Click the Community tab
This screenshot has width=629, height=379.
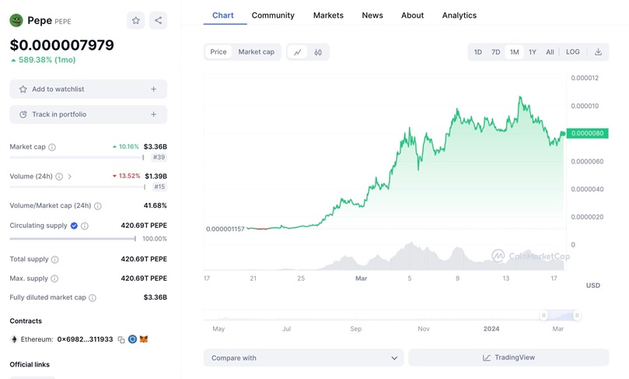pyautogui.click(x=273, y=16)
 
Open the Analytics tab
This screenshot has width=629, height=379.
pyautogui.click(x=459, y=16)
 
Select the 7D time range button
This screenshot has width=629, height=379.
pyautogui.click(x=495, y=52)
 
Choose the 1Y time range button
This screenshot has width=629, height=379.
pyautogui.click(x=533, y=52)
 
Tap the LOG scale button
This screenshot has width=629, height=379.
pyautogui.click(x=572, y=52)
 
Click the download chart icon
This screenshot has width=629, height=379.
pyautogui.click(x=598, y=52)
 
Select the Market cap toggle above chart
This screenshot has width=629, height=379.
pyautogui.click(x=256, y=52)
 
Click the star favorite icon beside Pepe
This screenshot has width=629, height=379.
pyautogui.click(x=136, y=21)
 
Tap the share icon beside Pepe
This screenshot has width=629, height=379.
pyautogui.click(x=158, y=21)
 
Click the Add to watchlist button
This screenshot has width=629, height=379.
pyautogui.click(x=88, y=89)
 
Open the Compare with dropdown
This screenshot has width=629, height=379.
pyautogui.click(x=303, y=358)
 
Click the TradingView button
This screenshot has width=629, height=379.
pyautogui.click(x=508, y=358)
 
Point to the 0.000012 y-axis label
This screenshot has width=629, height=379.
pyautogui.click(x=584, y=78)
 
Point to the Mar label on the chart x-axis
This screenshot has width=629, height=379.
pyautogui.click(x=361, y=278)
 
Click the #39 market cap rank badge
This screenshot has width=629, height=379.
pyautogui.click(x=158, y=157)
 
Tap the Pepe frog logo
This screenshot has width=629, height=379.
pyautogui.click(x=16, y=21)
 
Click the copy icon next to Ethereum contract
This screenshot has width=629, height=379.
pyautogui.click(x=121, y=339)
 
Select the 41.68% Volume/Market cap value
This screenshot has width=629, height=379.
pyautogui.click(x=155, y=205)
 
